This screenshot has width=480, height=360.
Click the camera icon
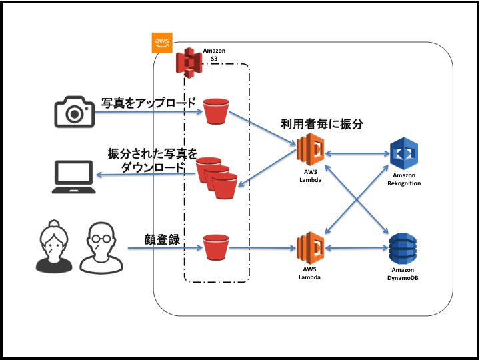click(x=73, y=111)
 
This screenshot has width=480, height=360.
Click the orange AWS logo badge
click(x=163, y=43)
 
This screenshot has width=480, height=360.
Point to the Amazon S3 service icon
click(x=189, y=61)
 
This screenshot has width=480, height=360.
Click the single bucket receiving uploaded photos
click(x=215, y=111)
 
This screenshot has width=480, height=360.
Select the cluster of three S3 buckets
click(x=217, y=177)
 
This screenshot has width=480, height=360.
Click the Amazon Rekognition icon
click(x=406, y=154)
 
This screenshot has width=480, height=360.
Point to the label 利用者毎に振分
click(x=321, y=123)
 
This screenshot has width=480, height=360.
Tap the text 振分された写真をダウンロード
click(x=153, y=160)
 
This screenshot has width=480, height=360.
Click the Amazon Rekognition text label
click(x=406, y=179)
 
